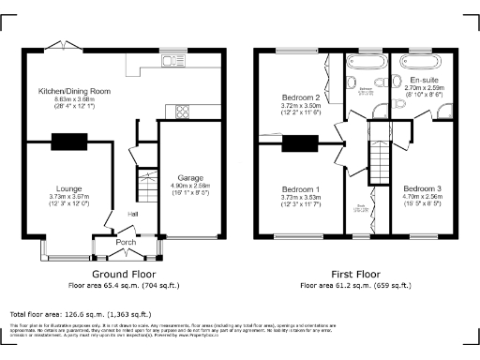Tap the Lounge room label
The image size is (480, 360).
pos(68,187)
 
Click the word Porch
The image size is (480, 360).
pos(125,242)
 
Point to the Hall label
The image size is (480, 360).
pos(135,214)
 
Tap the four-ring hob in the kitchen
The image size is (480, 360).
pos(176,112)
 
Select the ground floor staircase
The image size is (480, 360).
pos(145,187)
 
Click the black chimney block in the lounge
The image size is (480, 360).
pos(68,142)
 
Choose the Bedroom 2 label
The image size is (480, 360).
pos(302,97)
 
